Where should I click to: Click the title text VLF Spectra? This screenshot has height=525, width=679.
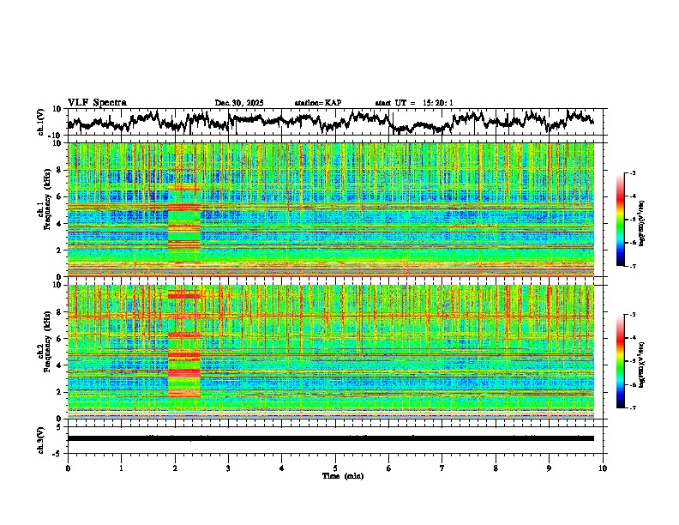(x=97, y=103)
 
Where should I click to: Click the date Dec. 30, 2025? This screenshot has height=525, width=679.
(x=239, y=103)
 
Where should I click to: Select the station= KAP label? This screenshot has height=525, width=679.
(x=318, y=103)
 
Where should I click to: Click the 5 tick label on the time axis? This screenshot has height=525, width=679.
(x=335, y=468)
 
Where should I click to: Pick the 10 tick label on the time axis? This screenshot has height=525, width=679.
(x=603, y=468)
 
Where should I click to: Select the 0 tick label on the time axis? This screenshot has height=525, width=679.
(x=68, y=468)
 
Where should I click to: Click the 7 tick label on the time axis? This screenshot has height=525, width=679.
(x=442, y=468)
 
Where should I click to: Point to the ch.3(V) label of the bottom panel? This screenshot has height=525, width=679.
(x=41, y=438)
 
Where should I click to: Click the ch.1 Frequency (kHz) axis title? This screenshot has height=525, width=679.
(x=43, y=209)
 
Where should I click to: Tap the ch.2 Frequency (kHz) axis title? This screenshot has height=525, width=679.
(x=43, y=352)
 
